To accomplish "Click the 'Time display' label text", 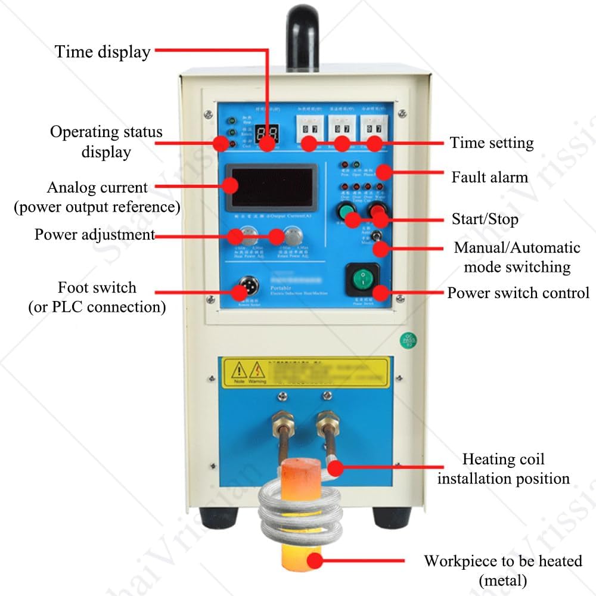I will [103, 52].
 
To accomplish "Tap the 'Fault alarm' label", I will [489, 177].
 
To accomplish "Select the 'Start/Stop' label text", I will [485, 219].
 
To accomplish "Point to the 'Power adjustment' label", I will [95, 234].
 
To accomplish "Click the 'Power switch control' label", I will [518, 293].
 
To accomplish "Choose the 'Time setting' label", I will [492, 142].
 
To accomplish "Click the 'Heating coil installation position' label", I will [503, 468].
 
